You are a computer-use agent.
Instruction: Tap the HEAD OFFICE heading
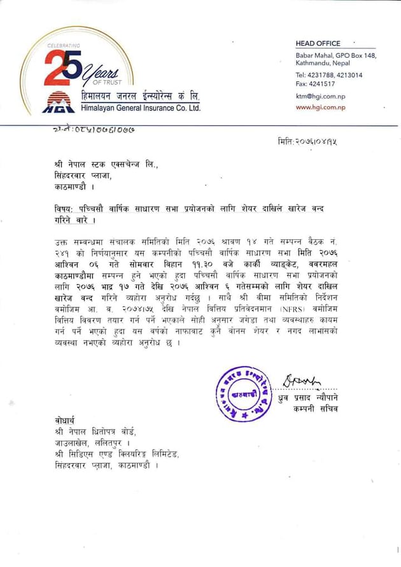pos(318,43)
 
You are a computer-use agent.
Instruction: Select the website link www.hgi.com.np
pos(320,108)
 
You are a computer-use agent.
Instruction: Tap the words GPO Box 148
pos(357,56)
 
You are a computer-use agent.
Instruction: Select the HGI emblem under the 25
pos(59,102)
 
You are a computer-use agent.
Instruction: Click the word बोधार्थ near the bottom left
pos(66,421)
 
